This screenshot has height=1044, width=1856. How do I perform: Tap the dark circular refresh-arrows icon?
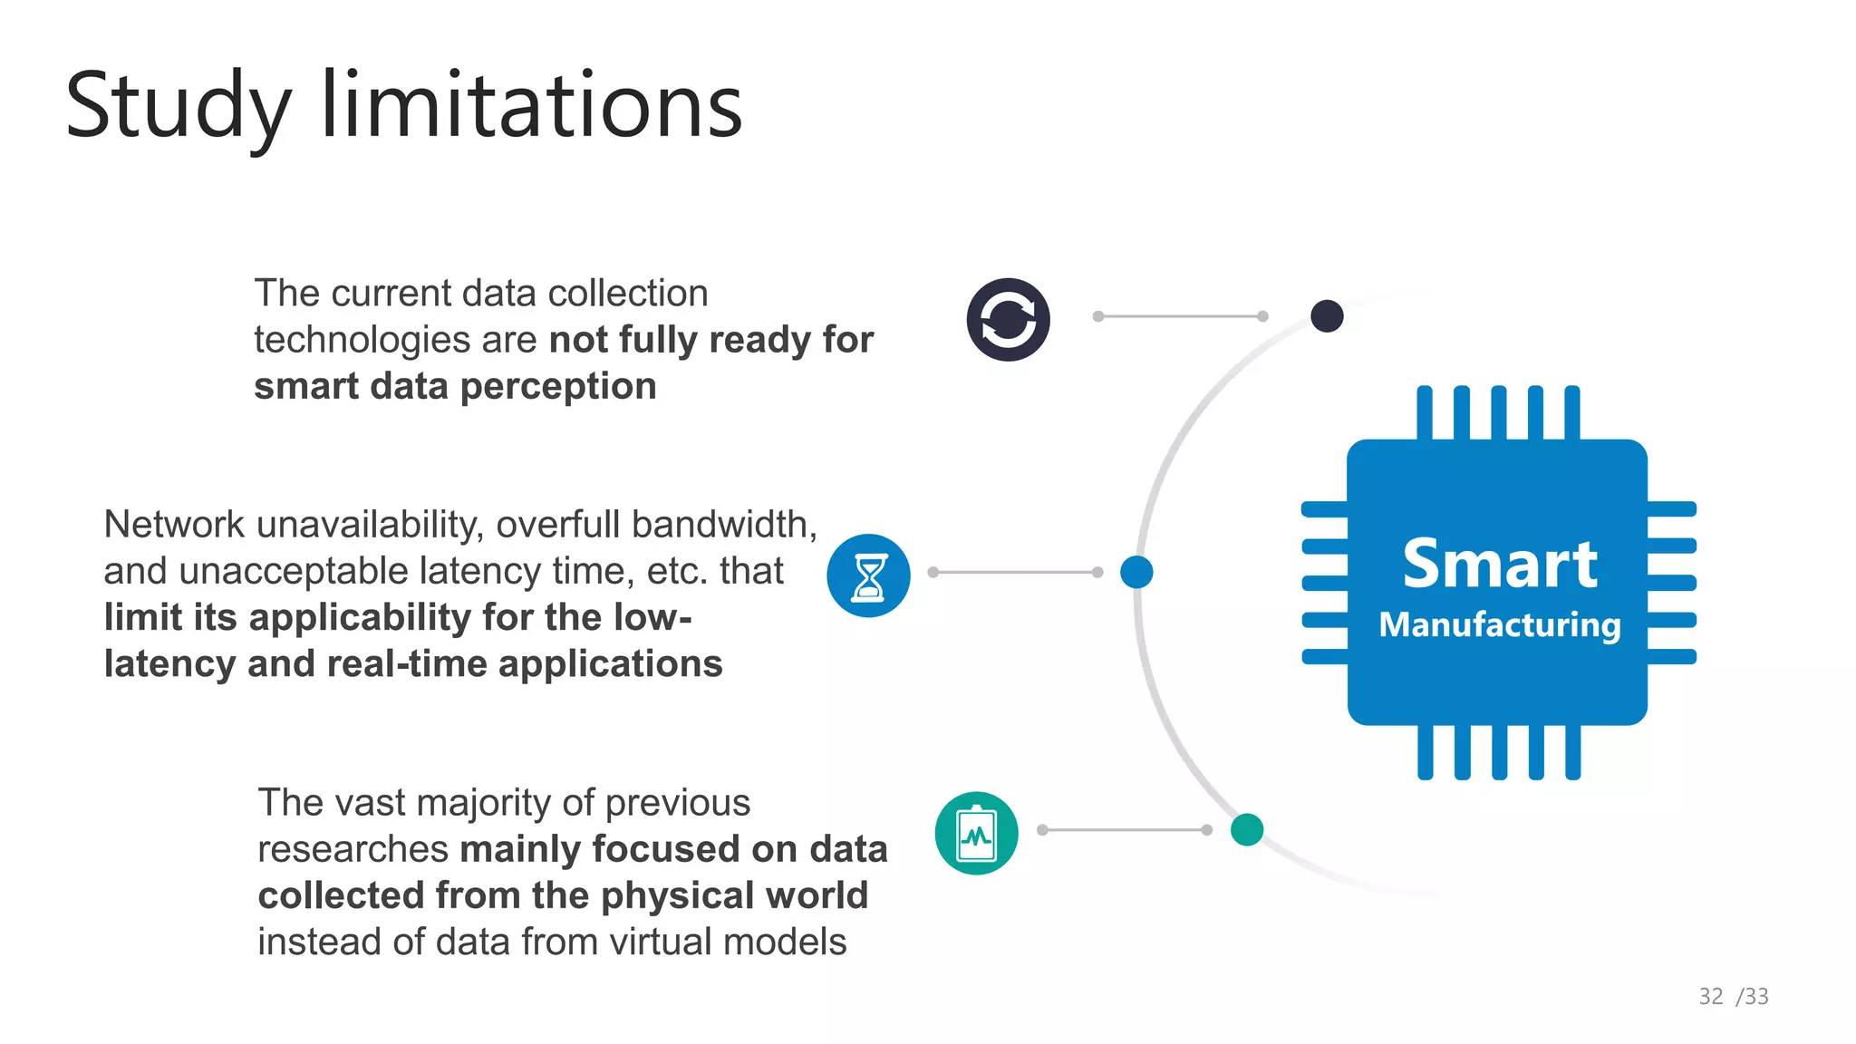coord(1008,320)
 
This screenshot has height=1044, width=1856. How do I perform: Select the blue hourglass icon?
coord(868,575)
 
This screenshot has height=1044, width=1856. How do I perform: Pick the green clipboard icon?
coord(976,833)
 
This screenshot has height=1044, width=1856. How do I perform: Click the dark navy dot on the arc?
coord(1327,316)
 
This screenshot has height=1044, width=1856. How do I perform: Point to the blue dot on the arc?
coord(1136,572)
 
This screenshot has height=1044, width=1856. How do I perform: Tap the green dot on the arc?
coord(1247,829)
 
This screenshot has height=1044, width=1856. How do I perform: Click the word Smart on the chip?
coord(1500,564)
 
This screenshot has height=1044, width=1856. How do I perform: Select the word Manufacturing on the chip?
coord(1500,625)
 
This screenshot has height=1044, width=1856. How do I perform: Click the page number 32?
coord(1711,997)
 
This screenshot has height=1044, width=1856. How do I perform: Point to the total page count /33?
coord(1753,997)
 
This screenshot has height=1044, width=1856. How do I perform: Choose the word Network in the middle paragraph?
coord(174,525)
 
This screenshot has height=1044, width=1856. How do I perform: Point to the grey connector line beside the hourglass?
coord(1015,572)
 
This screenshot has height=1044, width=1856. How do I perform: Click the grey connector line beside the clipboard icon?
coord(1125,829)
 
